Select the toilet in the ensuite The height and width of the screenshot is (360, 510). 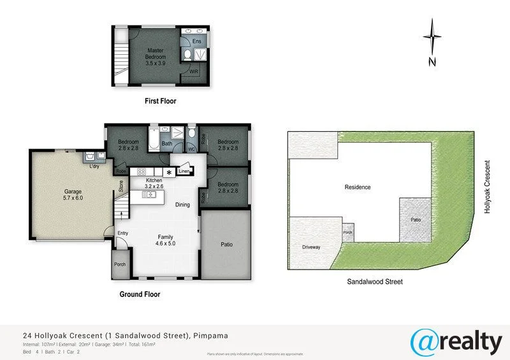pyautogui.click(x=187, y=56)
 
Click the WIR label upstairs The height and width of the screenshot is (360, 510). pyautogui.click(x=194, y=72)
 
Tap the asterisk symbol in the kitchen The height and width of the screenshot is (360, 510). pyautogui.click(x=169, y=172)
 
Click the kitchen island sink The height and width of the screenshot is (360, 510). pyautogui.click(x=151, y=194)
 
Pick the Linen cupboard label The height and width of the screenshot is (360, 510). pyautogui.click(x=184, y=171)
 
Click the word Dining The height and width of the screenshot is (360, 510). pyautogui.click(x=183, y=205)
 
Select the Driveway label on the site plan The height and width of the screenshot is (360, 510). pyautogui.click(x=312, y=247)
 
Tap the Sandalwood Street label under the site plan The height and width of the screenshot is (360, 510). pyautogui.click(x=375, y=282)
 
